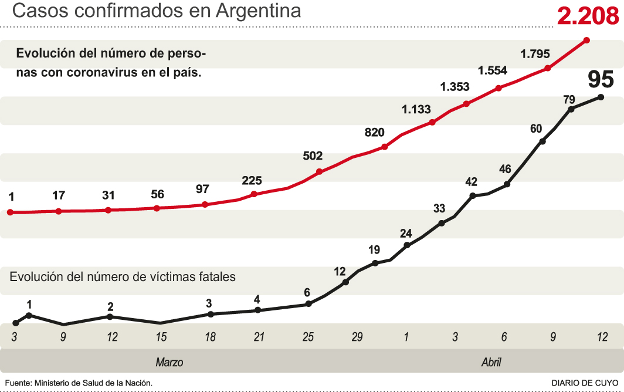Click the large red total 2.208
coord(588,16)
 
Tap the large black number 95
coord(601,79)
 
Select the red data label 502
coord(313,156)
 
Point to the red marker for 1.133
coord(432,122)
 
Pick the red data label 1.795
coord(535,54)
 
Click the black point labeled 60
coord(542,141)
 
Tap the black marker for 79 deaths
coord(571,109)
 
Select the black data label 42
coord(471,182)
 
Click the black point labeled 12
coord(345,282)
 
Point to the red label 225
coord(252,180)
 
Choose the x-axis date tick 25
coord(308,337)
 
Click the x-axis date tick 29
coord(357,337)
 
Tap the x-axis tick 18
coord(210,337)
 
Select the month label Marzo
coord(169,362)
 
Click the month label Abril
coord(491,362)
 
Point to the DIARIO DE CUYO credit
coord(585,383)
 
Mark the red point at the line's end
coord(586,40)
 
